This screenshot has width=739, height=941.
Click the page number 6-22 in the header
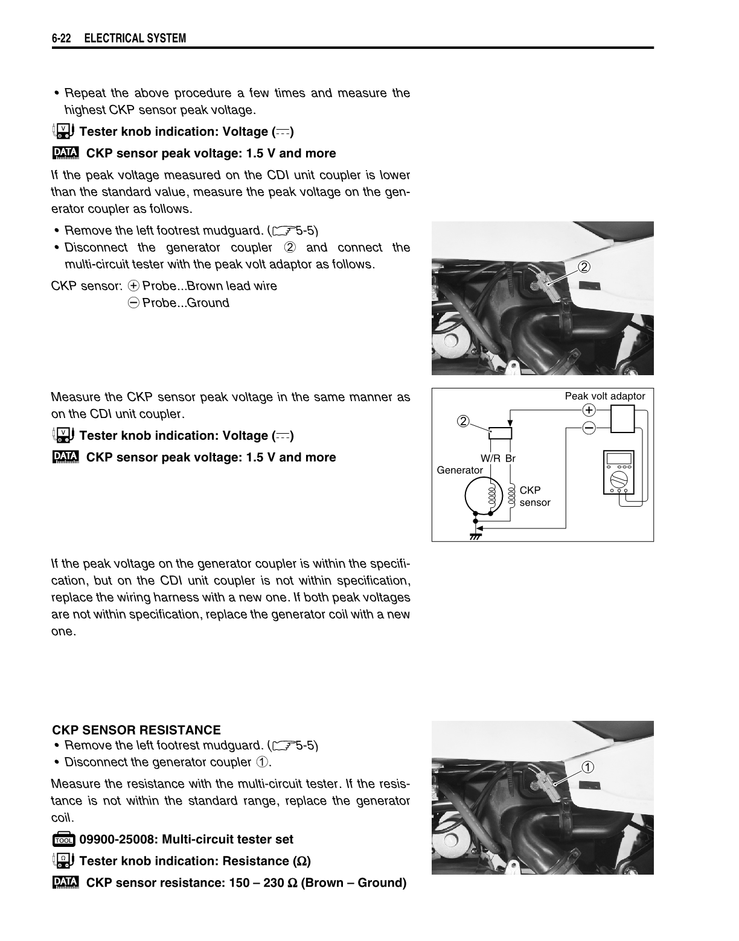click(x=61, y=39)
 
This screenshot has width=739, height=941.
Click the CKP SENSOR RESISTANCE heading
click(x=136, y=730)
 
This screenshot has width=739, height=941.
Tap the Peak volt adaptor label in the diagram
click(x=604, y=396)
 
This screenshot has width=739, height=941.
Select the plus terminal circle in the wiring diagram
click(x=588, y=410)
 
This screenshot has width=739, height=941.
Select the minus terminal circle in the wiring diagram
click(x=588, y=428)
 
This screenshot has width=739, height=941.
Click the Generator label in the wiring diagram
click(x=459, y=470)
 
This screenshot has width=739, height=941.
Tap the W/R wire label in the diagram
click(x=490, y=458)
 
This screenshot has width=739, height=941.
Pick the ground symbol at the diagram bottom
click(x=475, y=535)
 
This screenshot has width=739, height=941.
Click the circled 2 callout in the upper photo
click(x=584, y=267)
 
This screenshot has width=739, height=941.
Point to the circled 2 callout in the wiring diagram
click(x=463, y=421)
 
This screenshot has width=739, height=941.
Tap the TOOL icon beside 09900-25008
click(x=63, y=840)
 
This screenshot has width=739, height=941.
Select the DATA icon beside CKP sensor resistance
click(x=66, y=882)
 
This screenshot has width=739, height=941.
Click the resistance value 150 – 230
click(x=257, y=883)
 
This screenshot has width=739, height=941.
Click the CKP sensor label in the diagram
click(x=534, y=496)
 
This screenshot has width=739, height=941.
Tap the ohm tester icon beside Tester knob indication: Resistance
click(x=63, y=861)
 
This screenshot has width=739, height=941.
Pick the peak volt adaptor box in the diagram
click(x=622, y=419)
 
